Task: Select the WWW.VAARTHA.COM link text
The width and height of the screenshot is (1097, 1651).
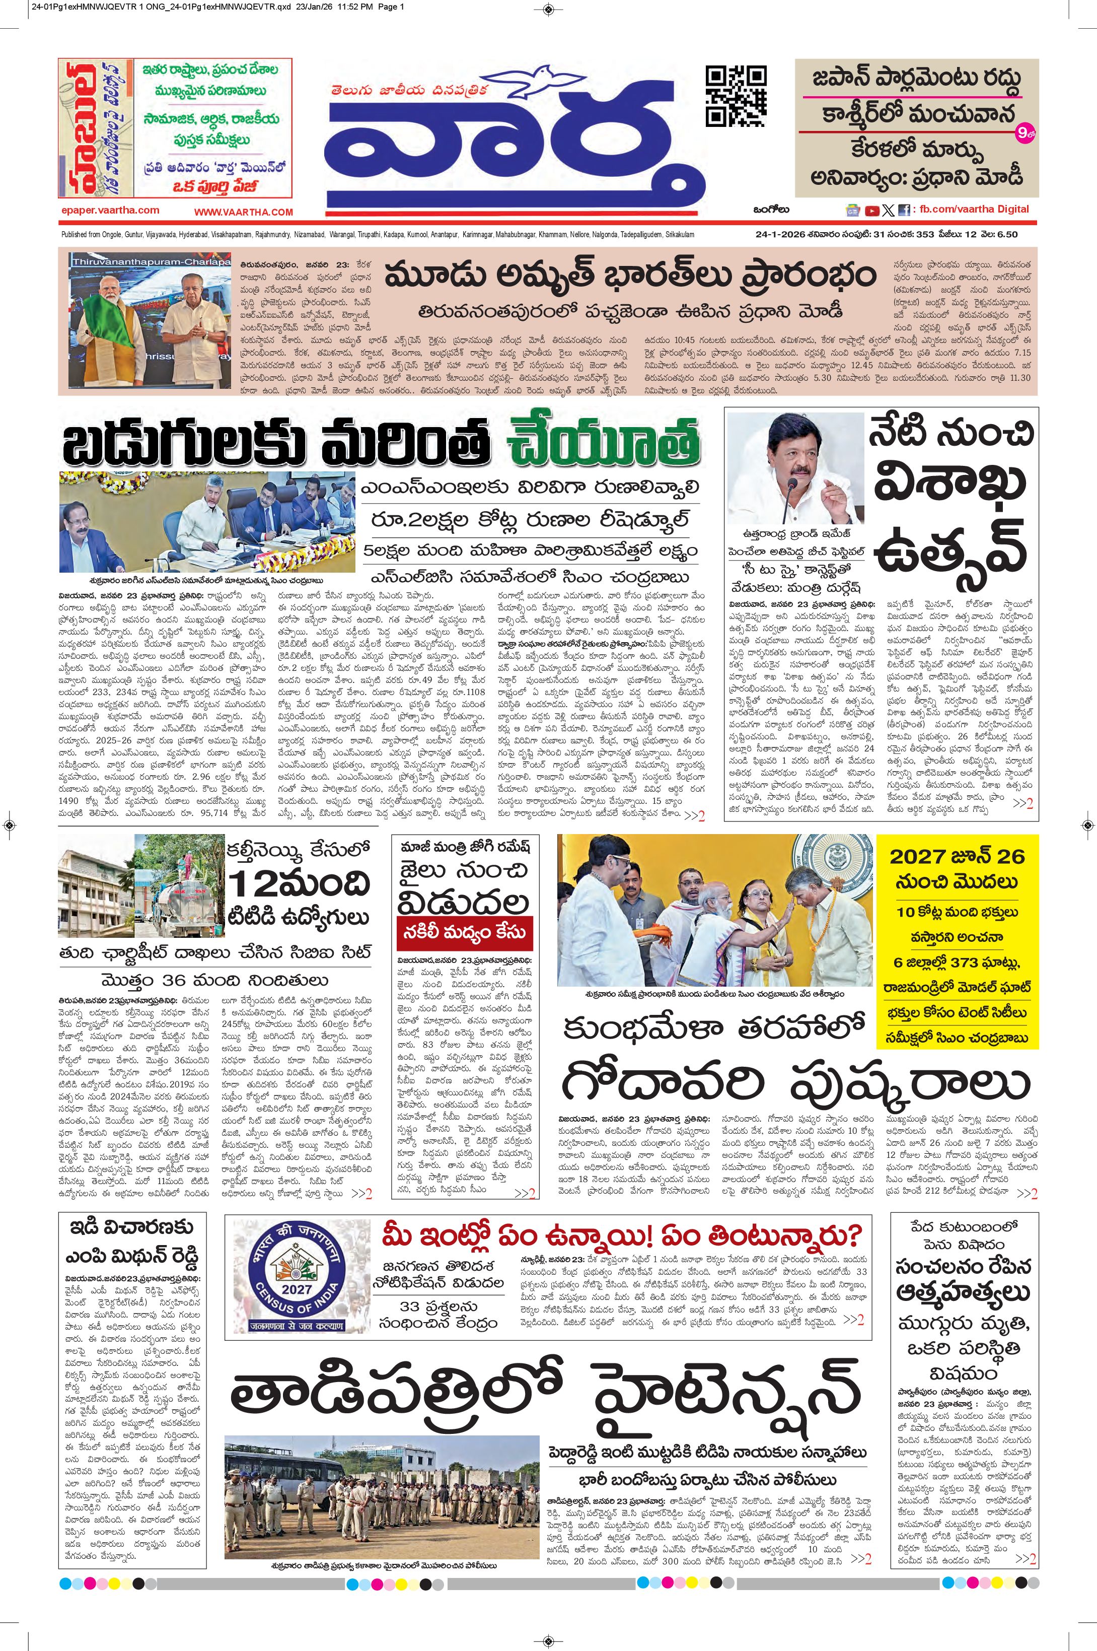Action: pos(244,212)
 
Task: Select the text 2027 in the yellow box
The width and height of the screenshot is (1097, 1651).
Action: pos(916,856)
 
